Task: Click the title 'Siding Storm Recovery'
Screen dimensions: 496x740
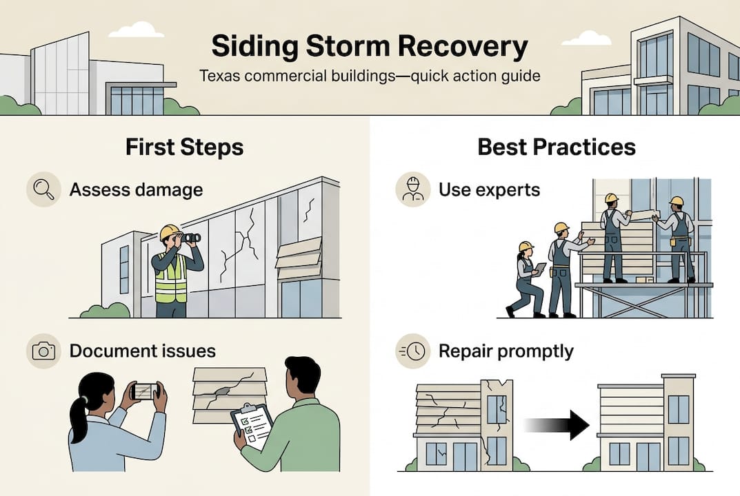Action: pos(370,47)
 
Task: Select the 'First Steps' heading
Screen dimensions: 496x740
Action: pos(184,147)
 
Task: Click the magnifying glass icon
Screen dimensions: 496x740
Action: pos(43,189)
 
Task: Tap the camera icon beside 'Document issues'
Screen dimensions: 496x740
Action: pos(43,351)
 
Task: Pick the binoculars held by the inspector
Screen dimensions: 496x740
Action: pos(190,238)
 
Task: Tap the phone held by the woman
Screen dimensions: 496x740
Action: pos(144,391)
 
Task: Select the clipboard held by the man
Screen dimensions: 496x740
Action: pos(252,426)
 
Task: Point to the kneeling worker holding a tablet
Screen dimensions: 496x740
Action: pos(527,280)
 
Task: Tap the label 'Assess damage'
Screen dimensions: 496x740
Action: pos(136,189)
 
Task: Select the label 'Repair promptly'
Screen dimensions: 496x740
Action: pos(506,351)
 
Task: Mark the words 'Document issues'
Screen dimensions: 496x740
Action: pos(142,351)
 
